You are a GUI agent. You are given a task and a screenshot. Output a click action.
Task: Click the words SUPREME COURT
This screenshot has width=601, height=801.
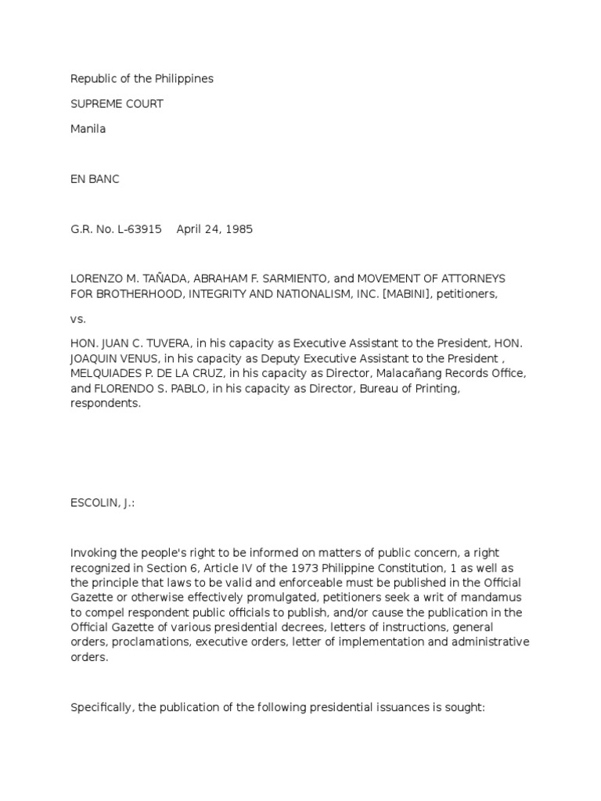click(x=117, y=104)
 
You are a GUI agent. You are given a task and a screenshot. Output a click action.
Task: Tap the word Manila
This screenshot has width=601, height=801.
click(x=88, y=129)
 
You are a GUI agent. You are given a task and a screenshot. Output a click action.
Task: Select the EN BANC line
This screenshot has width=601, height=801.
click(x=95, y=179)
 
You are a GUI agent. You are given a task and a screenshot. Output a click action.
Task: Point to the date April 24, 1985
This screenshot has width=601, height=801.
click(x=214, y=229)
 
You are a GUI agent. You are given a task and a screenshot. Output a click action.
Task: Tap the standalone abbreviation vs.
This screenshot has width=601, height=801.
click(x=78, y=319)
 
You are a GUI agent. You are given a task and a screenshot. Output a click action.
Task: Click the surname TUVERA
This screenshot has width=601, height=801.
click(x=158, y=344)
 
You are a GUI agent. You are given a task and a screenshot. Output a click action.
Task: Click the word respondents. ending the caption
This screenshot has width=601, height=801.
click(x=106, y=404)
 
